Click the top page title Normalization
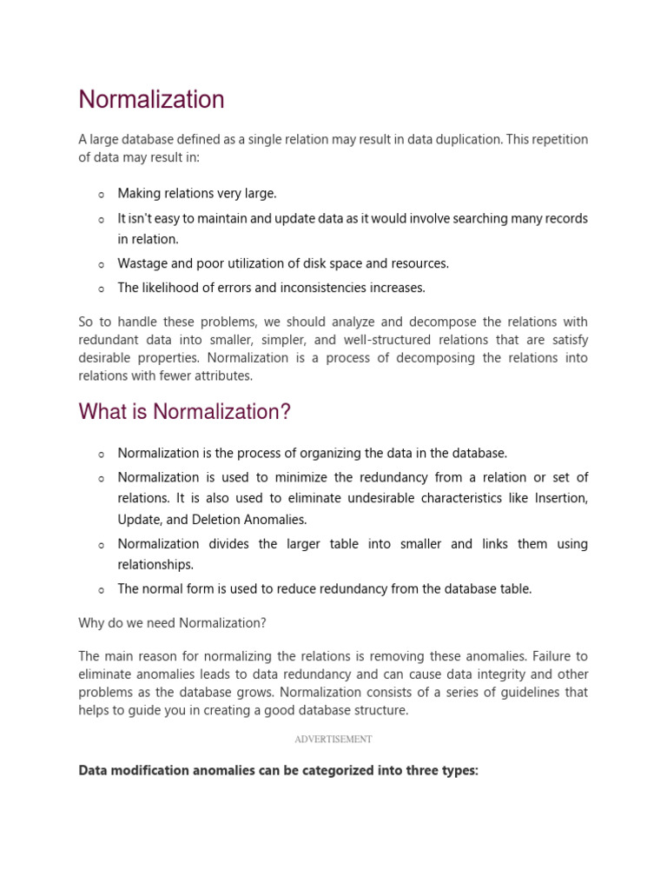(x=151, y=100)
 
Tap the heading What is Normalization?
(x=184, y=412)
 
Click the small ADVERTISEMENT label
(x=333, y=739)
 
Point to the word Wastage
(x=142, y=263)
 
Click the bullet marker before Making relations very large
(x=102, y=195)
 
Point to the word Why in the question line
(x=90, y=622)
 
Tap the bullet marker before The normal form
(x=102, y=590)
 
